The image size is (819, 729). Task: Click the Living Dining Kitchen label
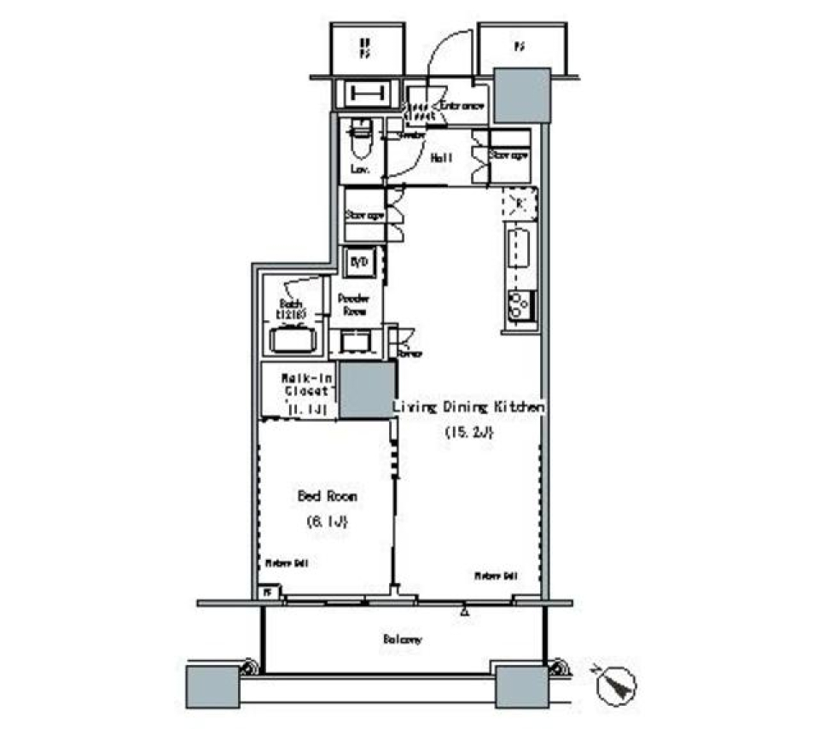(468, 408)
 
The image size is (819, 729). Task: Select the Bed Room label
(327, 496)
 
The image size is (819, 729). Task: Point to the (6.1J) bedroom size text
(327, 522)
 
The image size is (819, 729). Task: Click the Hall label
(441, 158)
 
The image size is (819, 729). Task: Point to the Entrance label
(462, 106)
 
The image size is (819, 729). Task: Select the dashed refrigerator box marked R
(518, 203)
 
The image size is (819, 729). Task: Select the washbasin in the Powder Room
(357, 341)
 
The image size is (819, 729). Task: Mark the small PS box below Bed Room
(267, 592)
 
